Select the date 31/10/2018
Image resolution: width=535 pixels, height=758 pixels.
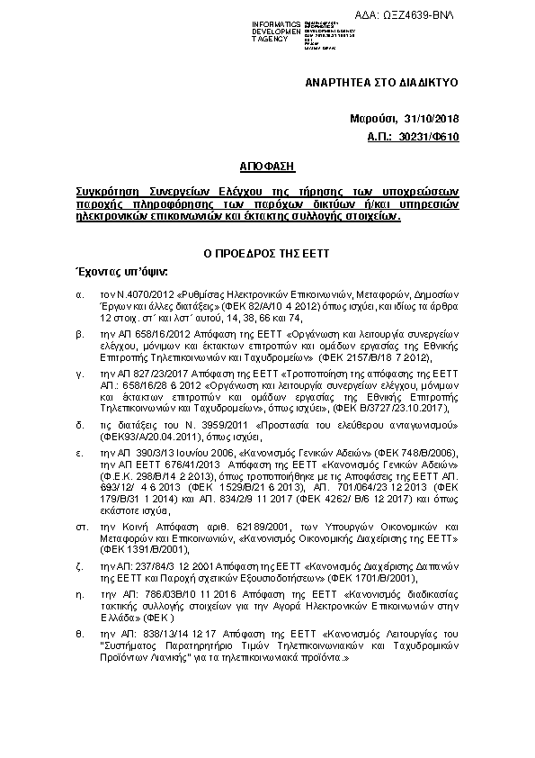pyautogui.click(x=430, y=119)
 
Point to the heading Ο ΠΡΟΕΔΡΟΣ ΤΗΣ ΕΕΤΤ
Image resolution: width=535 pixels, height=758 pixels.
pyautogui.click(x=266, y=254)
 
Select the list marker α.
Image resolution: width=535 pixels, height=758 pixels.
pyautogui.click(x=79, y=294)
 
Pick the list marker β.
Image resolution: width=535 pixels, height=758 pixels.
pyautogui.click(x=79, y=333)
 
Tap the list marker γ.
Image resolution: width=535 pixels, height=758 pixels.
pyautogui.click(x=79, y=372)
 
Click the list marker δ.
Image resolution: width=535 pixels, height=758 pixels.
pyautogui.click(x=79, y=421)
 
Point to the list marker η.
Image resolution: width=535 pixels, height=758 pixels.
pyautogui.click(x=79, y=595)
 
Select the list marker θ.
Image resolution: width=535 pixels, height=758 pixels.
pyautogui.click(x=79, y=634)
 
